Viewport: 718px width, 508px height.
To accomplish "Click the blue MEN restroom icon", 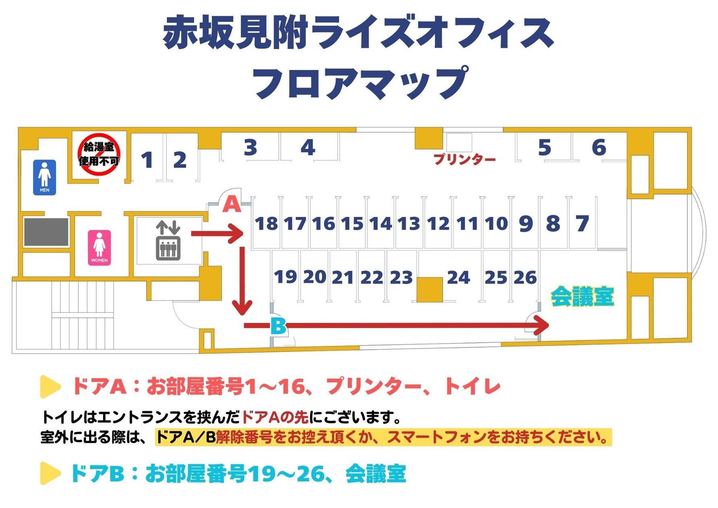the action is [x=44, y=177].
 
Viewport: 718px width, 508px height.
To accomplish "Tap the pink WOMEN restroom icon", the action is [x=99, y=248].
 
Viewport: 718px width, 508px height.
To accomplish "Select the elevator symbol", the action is [x=168, y=240].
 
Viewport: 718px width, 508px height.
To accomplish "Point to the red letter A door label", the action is [x=232, y=204].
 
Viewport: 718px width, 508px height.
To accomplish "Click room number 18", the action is [x=266, y=224].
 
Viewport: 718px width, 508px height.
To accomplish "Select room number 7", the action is [x=582, y=224].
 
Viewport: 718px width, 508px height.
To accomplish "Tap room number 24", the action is [x=459, y=277].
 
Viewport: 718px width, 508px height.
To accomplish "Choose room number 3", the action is [x=251, y=148].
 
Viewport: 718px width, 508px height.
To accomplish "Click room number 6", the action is [x=599, y=148].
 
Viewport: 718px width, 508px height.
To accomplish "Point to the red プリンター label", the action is [x=465, y=160].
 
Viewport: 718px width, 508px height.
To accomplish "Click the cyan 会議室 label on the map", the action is [x=582, y=297].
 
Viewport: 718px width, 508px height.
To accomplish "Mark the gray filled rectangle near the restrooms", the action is [x=46, y=232].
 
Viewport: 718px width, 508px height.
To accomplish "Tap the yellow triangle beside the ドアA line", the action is [x=50, y=387].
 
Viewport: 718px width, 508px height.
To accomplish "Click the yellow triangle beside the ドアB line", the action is [x=50, y=473].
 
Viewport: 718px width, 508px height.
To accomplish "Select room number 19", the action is [x=285, y=277].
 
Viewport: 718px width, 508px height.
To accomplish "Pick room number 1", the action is [x=147, y=160].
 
